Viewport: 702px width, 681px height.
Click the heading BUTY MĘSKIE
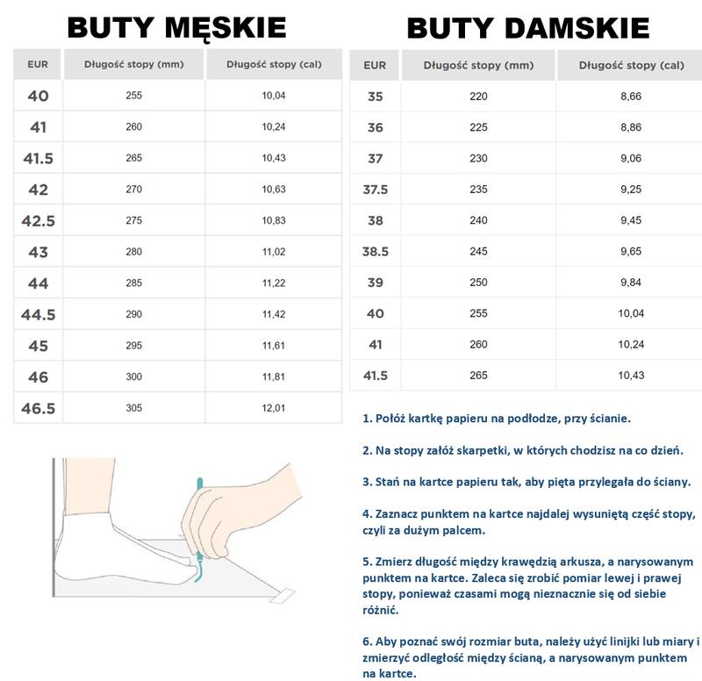point(176,28)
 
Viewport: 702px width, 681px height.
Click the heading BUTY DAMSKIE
point(528,28)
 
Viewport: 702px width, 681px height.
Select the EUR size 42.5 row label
point(39,220)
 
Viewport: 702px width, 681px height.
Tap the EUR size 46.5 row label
point(39,408)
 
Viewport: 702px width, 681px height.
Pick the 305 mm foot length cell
point(133,408)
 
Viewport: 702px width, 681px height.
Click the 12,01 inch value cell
point(274,408)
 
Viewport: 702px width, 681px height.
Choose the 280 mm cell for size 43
point(133,252)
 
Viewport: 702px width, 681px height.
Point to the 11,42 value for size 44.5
point(274,314)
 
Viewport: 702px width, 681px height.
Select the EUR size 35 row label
point(375,97)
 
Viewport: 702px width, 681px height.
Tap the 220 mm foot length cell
point(478,97)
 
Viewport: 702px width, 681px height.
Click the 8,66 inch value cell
point(631,97)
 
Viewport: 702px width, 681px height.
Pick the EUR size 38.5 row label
point(375,251)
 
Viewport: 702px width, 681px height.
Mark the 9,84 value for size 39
point(631,282)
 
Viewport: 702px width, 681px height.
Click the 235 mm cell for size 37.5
point(478,189)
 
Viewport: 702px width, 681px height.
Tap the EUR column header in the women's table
point(375,65)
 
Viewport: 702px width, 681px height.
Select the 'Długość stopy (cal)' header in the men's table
point(274,64)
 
